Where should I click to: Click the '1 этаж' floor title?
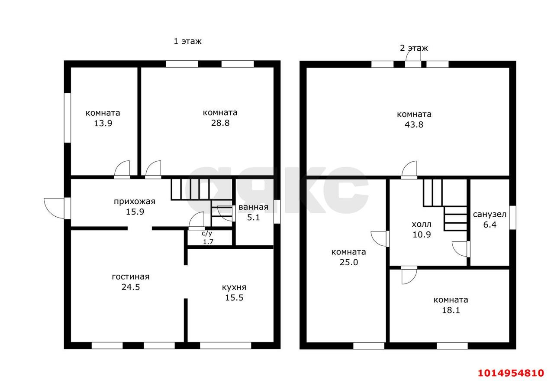click(187, 41)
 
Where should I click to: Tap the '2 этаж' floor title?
click(414, 48)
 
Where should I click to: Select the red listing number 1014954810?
click(511, 373)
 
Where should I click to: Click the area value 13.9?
click(103, 124)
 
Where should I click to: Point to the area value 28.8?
click(220, 123)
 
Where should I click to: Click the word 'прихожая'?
click(135, 202)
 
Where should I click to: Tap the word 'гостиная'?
click(131, 277)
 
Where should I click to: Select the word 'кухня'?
click(234, 287)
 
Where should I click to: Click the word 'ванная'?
click(253, 207)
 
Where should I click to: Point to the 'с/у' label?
click(207, 233)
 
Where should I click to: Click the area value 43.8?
click(414, 124)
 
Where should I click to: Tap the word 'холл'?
click(422, 225)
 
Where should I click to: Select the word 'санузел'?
click(490, 214)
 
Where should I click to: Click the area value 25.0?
click(349, 262)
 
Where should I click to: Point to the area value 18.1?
click(451, 310)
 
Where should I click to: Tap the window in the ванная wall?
click(277, 212)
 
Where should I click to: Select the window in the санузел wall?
click(513, 218)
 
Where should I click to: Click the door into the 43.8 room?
click(409, 170)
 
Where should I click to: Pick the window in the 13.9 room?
click(68, 118)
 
